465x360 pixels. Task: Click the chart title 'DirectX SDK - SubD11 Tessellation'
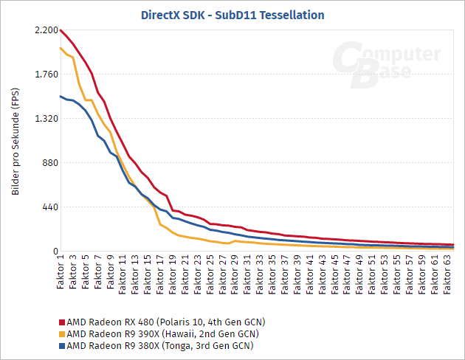[x=232, y=14]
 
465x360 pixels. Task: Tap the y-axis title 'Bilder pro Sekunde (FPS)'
[x=15, y=141]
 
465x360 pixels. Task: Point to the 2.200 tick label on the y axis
[x=45, y=30]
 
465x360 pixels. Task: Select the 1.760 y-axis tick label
[x=45, y=75]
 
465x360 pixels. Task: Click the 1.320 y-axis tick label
[x=45, y=119]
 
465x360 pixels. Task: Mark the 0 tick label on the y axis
[x=54, y=252]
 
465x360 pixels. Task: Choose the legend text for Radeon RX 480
[x=165, y=322]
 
